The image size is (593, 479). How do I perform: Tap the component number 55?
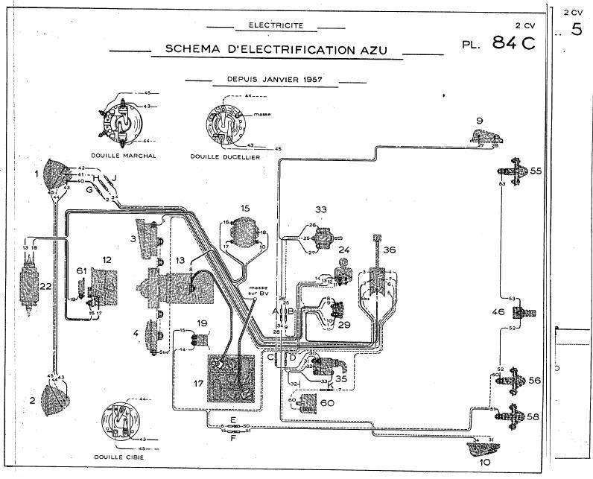tap(536, 171)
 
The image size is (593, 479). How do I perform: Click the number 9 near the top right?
tap(481, 120)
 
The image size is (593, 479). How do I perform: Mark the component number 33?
tap(321, 210)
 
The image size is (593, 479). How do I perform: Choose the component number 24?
tap(344, 250)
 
